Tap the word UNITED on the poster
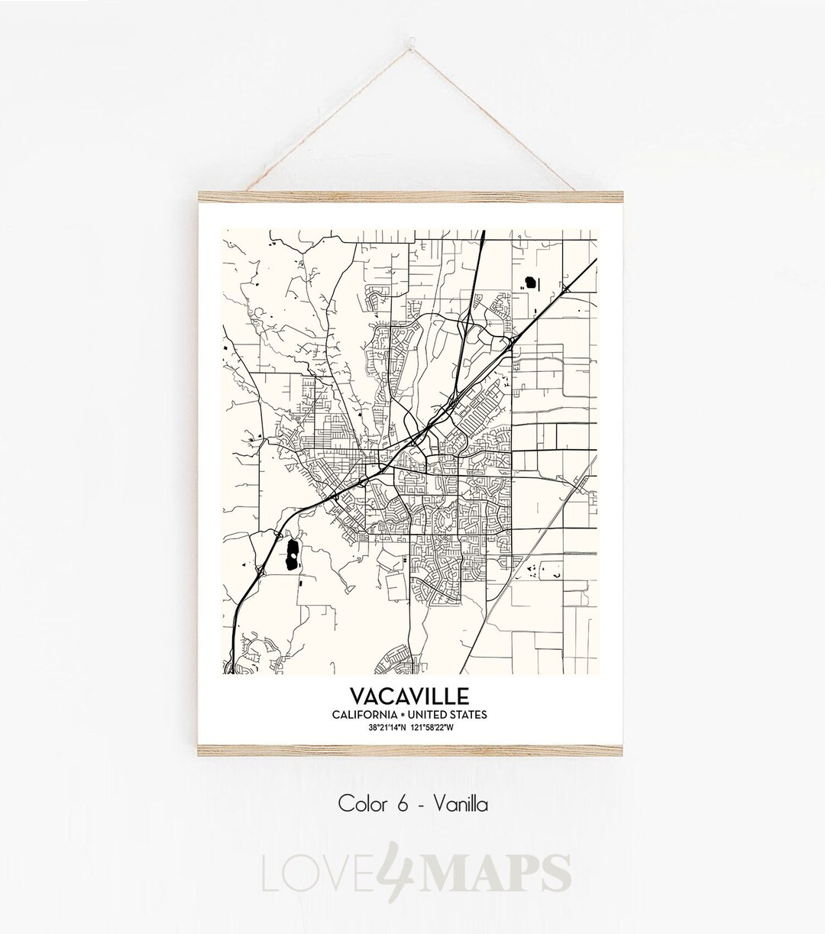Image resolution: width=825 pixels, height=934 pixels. pyautogui.click(x=429, y=715)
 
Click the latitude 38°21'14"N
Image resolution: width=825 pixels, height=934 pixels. pyautogui.click(x=387, y=726)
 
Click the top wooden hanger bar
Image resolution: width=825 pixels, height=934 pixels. pyautogui.click(x=412, y=196)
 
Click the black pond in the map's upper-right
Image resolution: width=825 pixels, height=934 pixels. pyautogui.click(x=529, y=283)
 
